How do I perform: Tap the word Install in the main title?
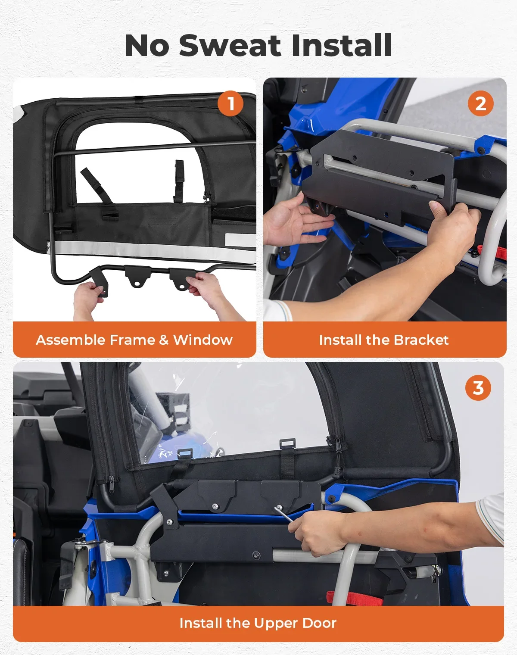tap(341, 46)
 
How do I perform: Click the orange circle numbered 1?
tap(230, 103)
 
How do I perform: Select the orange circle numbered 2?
tap(480, 103)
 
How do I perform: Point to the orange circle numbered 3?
tap(478, 387)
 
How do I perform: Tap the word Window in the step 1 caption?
tap(202, 340)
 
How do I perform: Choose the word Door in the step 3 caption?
tap(319, 623)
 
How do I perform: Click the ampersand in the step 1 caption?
tap(164, 340)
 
